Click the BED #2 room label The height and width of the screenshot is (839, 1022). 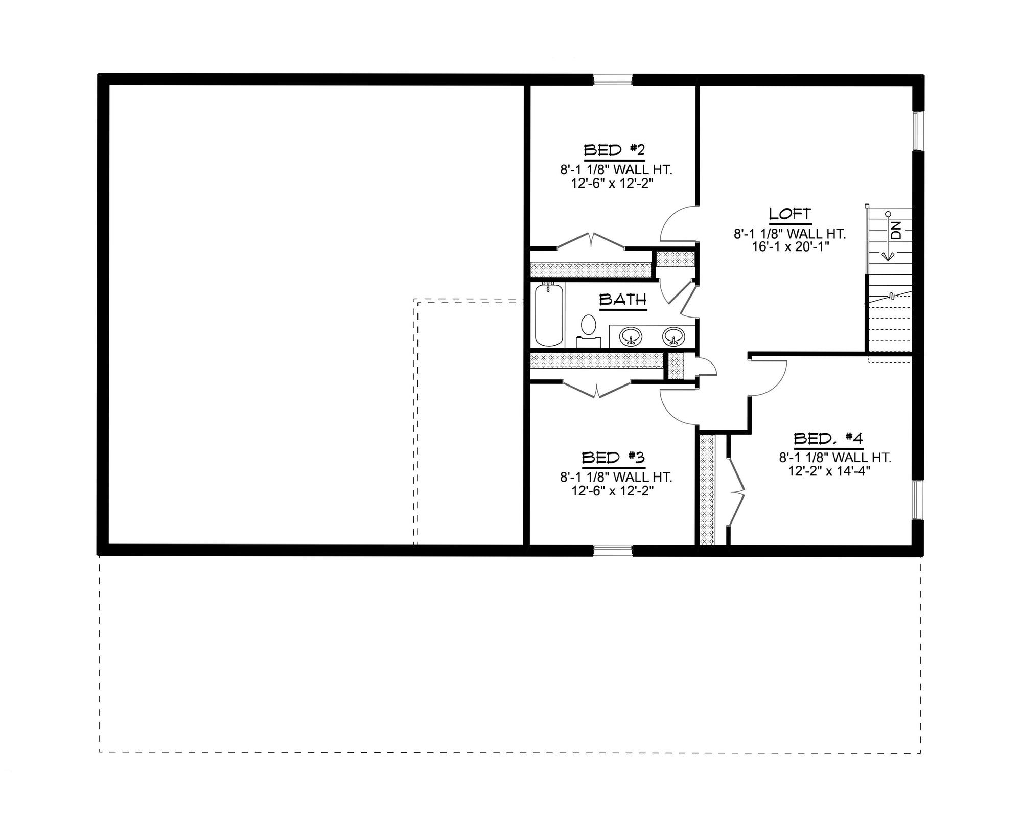click(x=614, y=150)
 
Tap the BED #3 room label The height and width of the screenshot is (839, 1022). click(x=613, y=458)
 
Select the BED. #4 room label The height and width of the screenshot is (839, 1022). click(x=828, y=438)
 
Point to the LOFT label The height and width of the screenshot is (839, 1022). click(x=790, y=214)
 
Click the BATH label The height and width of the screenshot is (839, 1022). click(x=623, y=300)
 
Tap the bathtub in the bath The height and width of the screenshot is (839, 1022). click(x=549, y=315)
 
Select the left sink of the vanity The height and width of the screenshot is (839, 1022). click(x=631, y=337)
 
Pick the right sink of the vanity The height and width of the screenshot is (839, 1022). click(x=673, y=337)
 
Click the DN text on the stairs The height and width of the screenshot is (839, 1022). click(x=896, y=231)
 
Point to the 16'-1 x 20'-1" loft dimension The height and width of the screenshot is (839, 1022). click(x=790, y=246)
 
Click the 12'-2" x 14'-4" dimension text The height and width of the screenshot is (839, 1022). click(x=829, y=470)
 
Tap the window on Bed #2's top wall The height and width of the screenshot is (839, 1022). click(x=613, y=80)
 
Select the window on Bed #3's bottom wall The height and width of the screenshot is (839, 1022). click(x=613, y=550)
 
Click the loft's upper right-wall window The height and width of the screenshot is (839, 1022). click(x=918, y=131)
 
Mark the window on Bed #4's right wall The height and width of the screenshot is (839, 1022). click(x=918, y=500)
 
